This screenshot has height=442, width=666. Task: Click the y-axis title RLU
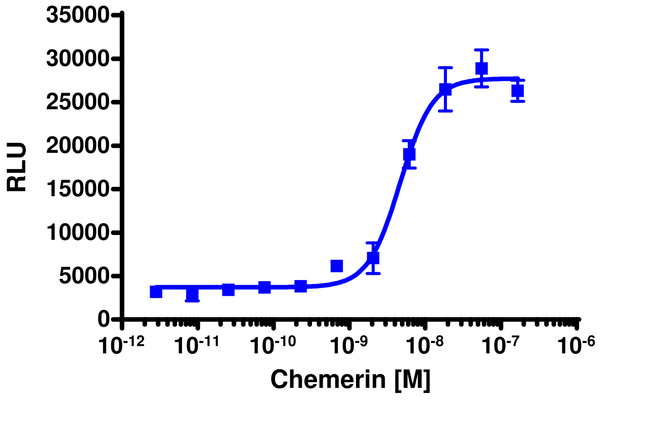coord(17,168)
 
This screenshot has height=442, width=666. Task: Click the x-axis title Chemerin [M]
coord(350,380)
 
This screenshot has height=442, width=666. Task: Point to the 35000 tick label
coord(77,16)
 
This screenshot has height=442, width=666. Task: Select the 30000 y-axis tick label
coord(77,59)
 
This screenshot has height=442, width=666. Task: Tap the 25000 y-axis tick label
coord(77,103)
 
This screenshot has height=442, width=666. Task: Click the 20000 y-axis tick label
coord(77,146)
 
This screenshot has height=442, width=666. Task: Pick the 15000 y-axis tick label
coord(77,189)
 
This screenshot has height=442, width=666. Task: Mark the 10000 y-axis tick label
coord(77,233)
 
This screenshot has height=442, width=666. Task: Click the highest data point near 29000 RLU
coord(481,68)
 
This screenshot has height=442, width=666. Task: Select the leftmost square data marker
coord(156,292)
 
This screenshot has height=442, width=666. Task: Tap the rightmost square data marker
coord(517,91)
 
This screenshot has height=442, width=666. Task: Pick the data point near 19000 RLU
coord(409,154)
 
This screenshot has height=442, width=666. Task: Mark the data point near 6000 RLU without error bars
coord(337,266)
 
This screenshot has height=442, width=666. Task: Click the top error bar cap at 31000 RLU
coord(481,50)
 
